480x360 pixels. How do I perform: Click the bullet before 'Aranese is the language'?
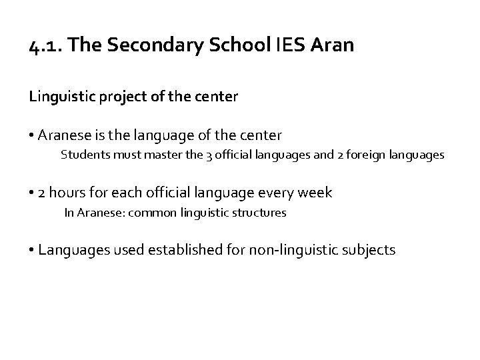[33, 136]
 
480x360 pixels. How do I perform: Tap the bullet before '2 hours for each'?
[33, 193]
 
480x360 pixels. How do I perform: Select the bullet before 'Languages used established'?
[33, 251]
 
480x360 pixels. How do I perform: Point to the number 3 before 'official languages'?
[190, 155]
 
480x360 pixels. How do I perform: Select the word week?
[315, 193]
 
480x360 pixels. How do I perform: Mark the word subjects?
[371, 251]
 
